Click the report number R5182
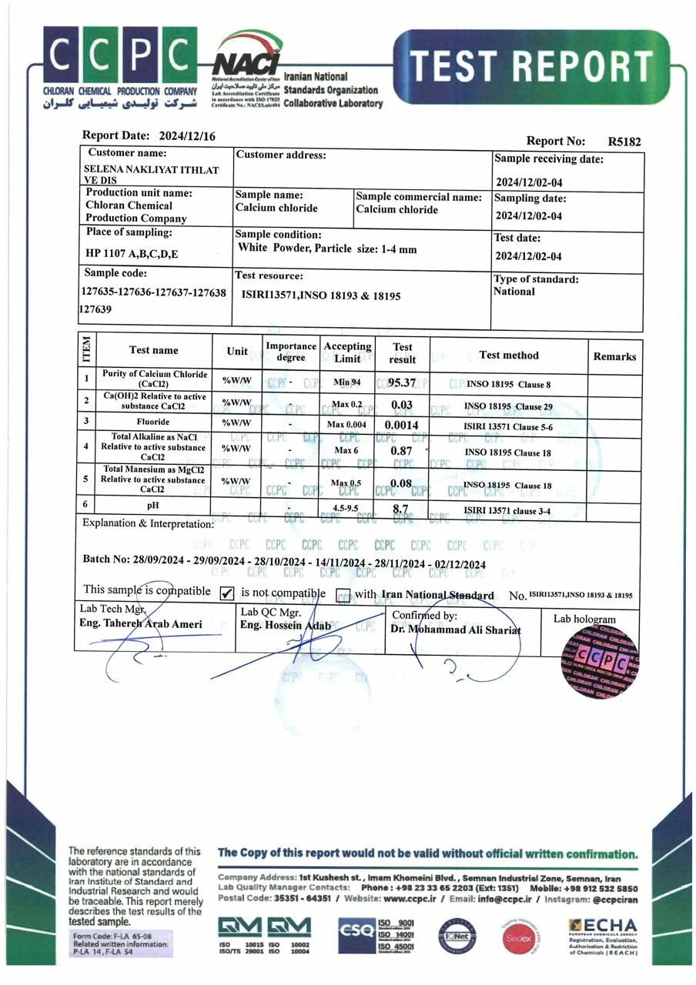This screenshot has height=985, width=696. point(624,142)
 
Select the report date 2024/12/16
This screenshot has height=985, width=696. point(187,136)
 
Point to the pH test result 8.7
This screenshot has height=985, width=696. point(400,509)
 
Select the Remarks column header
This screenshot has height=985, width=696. point(614,356)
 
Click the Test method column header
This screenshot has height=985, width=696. point(508,355)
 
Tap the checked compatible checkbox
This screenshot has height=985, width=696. point(227,593)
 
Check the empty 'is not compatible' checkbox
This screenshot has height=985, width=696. point(343,594)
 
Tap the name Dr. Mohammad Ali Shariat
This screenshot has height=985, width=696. point(456,629)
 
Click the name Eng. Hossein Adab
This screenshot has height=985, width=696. point(286,626)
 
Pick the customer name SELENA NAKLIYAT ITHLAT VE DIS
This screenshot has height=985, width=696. point(151,174)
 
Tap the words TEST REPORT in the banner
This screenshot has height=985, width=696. point(531,67)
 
